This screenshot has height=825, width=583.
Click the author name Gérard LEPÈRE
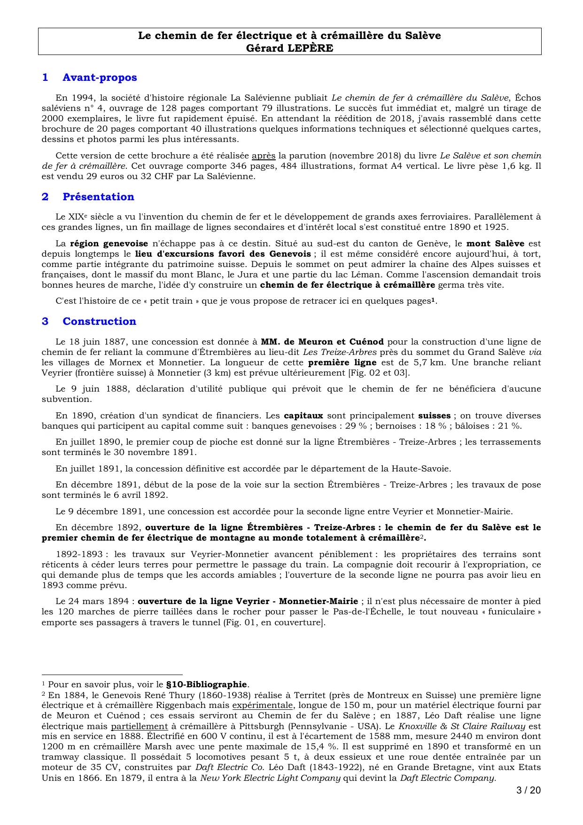(x=289, y=48)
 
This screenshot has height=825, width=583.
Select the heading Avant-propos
(x=100, y=78)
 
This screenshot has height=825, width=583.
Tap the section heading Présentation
(x=98, y=196)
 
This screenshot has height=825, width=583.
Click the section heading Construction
(x=99, y=321)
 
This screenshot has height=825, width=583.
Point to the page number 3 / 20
(x=529, y=790)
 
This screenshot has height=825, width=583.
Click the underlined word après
(x=264, y=156)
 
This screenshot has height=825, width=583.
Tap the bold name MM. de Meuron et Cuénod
(x=322, y=342)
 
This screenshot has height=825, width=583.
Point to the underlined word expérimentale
(x=263, y=705)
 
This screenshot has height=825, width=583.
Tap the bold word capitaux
(x=303, y=416)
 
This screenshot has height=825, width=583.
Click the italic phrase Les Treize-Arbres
(x=339, y=352)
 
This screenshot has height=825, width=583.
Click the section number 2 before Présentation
(x=45, y=196)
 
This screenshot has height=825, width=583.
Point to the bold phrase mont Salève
(x=495, y=244)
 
